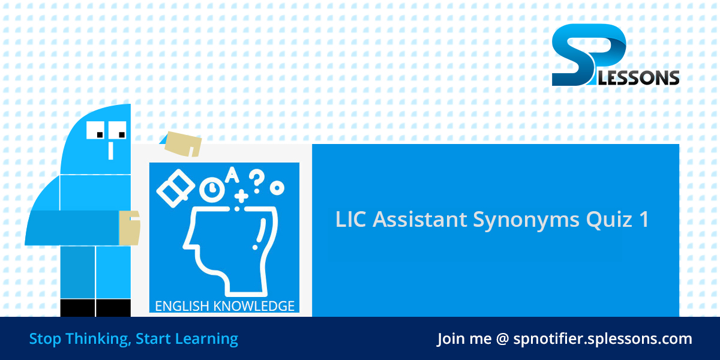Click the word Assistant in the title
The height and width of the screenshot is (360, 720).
(x=420, y=220)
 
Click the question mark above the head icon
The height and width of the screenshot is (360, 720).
(x=256, y=179)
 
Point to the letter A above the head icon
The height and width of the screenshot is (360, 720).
(x=231, y=175)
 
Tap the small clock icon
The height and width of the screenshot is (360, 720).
(x=210, y=190)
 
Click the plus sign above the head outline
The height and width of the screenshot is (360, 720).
(x=241, y=196)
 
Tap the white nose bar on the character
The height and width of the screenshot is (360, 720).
(x=110, y=150)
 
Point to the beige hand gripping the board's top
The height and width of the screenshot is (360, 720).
(x=182, y=143)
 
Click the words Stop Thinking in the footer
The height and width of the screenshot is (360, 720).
(x=79, y=338)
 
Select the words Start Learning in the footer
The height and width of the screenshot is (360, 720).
(x=187, y=338)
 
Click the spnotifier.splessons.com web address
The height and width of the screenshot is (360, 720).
(x=602, y=338)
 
